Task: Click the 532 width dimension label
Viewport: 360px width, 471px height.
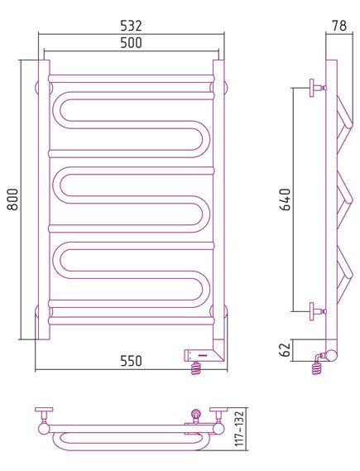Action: tap(131, 26)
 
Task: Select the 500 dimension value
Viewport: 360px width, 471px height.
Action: tap(131, 43)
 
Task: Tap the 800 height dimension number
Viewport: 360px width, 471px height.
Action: tap(13, 199)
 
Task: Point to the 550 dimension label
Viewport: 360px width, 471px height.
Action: tap(131, 361)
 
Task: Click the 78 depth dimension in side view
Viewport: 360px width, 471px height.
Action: tap(339, 26)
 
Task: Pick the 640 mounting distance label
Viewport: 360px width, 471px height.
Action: tap(286, 199)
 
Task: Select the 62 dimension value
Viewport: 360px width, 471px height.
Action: tap(286, 349)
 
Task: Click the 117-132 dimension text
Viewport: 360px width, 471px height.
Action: tap(239, 429)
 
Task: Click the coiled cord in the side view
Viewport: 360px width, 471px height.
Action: tap(317, 365)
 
